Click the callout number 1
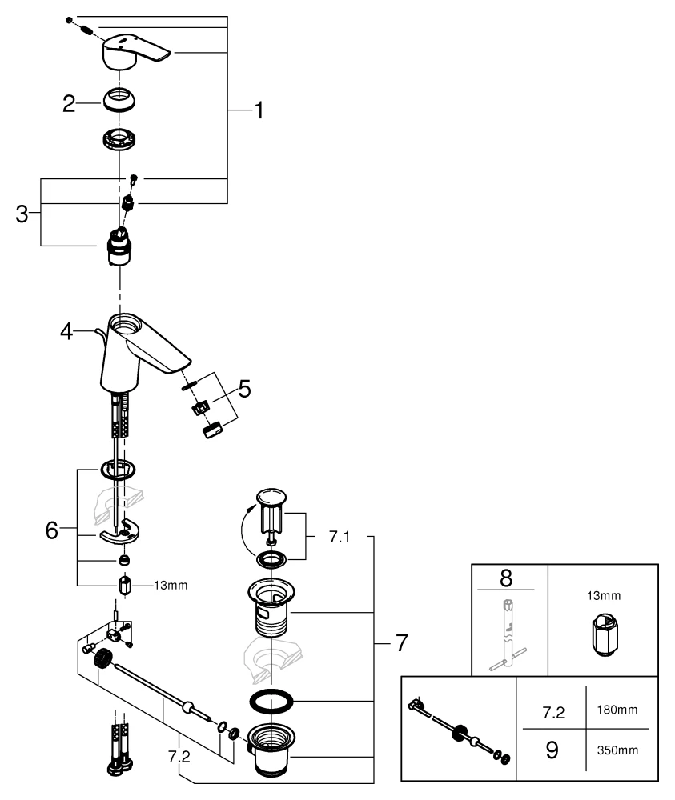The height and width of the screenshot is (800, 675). click(258, 110)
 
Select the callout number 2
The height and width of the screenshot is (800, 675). click(69, 103)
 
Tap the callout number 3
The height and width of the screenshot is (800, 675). click(22, 214)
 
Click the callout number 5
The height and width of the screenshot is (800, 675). click(243, 390)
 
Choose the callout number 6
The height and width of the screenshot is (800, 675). click(52, 531)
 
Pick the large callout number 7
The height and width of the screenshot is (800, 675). click(400, 642)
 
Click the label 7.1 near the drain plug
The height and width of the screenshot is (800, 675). click(340, 536)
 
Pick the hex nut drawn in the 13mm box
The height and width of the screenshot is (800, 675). click(603, 639)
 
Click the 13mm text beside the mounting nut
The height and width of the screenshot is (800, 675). click(171, 586)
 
